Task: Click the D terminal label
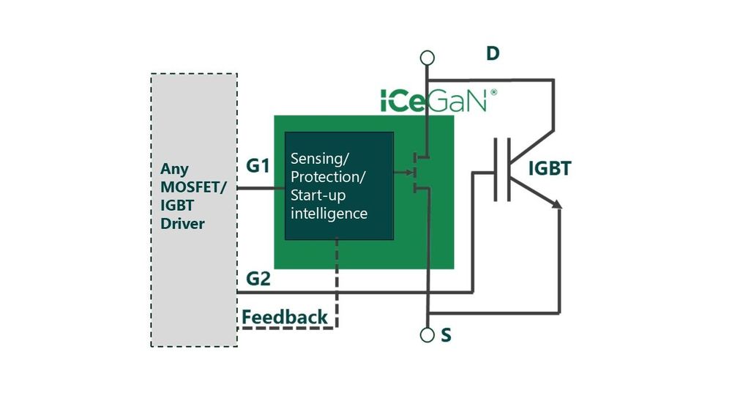coord(493,53)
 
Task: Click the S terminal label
coord(447,336)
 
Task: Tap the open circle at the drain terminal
coord(427,57)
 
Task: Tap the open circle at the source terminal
coord(427,335)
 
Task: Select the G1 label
coord(257,166)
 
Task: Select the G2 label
coord(257,279)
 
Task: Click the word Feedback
coord(285,317)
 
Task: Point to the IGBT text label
coord(549,170)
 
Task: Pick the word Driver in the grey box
coord(182,223)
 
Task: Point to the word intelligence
coord(329,214)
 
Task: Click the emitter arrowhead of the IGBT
coord(558,206)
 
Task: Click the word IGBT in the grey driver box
coord(176,205)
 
